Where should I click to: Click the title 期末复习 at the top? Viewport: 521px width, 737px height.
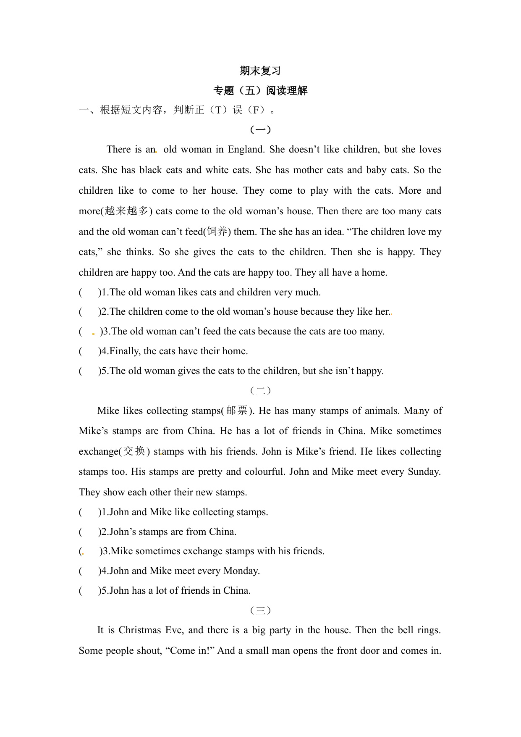260,71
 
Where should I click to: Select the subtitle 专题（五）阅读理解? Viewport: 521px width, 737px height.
260,91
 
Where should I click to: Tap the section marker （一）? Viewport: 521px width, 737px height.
260,130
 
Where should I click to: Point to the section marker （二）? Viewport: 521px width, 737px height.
260,391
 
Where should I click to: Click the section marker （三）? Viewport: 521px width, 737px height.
260,611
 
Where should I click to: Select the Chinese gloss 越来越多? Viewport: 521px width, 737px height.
126,211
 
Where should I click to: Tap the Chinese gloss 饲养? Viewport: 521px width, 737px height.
217,232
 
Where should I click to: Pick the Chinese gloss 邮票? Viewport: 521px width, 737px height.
237,411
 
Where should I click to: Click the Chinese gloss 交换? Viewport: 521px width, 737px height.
134,451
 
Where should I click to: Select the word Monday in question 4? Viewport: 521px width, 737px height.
241,571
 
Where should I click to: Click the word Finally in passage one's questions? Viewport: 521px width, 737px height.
125,351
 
